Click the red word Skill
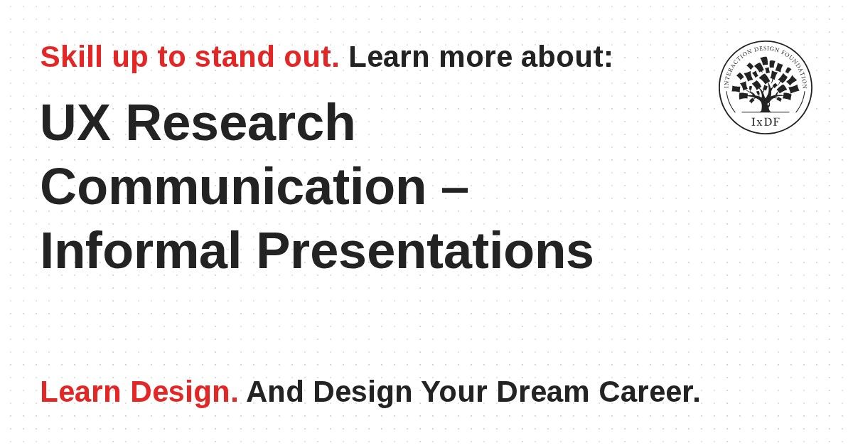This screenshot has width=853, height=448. click(72, 57)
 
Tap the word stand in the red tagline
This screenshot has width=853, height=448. click(235, 57)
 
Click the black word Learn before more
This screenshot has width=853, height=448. click(390, 57)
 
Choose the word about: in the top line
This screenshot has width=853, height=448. click(567, 57)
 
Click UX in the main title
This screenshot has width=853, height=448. click(75, 122)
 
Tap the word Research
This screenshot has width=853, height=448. click(241, 122)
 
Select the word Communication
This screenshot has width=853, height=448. click(233, 186)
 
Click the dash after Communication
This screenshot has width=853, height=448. click(455, 188)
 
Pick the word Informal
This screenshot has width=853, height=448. click(141, 250)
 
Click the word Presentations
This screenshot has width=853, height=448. click(425, 250)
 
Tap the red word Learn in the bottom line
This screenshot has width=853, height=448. click(81, 392)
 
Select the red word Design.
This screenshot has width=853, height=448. click(184, 393)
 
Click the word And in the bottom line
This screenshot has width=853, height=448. click(275, 392)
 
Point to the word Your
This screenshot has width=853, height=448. click(454, 392)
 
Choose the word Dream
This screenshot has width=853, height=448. click(543, 392)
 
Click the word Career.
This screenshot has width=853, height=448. click(650, 392)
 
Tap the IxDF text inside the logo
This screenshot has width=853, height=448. click(766, 122)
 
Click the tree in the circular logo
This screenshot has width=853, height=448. click(766, 84)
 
